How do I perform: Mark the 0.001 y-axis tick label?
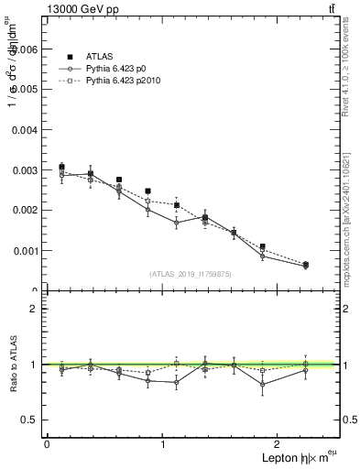pyautogui.click(x=27, y=250)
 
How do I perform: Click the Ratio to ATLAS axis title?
pyautogui.click(x=11, y=365)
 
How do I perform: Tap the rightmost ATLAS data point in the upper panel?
pyautogui.click(x=305, y=265)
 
